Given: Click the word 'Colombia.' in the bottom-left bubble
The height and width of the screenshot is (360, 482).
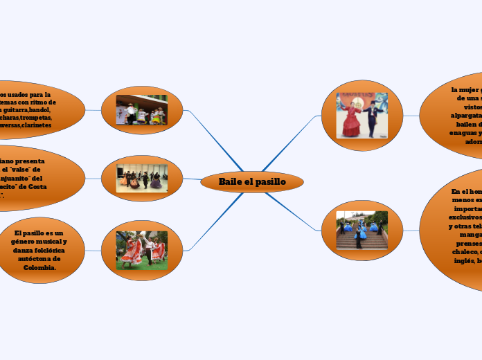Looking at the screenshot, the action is coord(39,267).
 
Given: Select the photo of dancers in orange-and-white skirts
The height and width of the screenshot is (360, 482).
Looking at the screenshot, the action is coord(141,251).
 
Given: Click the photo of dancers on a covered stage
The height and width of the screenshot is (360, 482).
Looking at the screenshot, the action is coord(141,109).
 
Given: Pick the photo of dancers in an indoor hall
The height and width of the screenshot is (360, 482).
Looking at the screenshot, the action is coord(141,178).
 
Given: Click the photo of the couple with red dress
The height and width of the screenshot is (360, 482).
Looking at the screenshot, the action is coord(362,115).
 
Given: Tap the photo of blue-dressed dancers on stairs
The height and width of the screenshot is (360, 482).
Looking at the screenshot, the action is coord(362,230).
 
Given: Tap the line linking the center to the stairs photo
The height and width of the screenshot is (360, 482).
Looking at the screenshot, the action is coord(294,210).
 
